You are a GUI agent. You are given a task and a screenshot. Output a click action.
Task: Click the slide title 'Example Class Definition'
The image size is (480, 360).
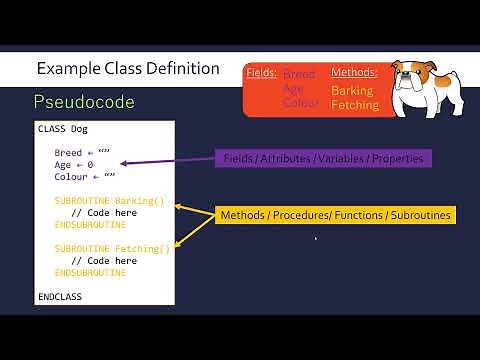(128, 69)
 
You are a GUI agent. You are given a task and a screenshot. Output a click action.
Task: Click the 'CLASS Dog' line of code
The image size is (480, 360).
(60, 129)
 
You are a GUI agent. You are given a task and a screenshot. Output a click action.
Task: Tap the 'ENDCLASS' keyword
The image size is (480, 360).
(60, 297)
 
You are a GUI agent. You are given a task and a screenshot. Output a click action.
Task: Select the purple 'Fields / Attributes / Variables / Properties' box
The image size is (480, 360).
(321, 158)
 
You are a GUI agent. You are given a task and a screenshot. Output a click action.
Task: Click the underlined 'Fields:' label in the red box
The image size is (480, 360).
(262, 73)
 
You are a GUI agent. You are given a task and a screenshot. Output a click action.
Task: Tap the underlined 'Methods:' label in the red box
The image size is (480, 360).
(354, 73)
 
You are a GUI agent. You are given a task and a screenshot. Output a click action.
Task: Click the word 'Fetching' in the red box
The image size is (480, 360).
(355, 105)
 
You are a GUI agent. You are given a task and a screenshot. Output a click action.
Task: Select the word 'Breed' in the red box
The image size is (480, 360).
(299, 75)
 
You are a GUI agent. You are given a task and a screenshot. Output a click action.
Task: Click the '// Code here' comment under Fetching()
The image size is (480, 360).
(104, 260)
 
